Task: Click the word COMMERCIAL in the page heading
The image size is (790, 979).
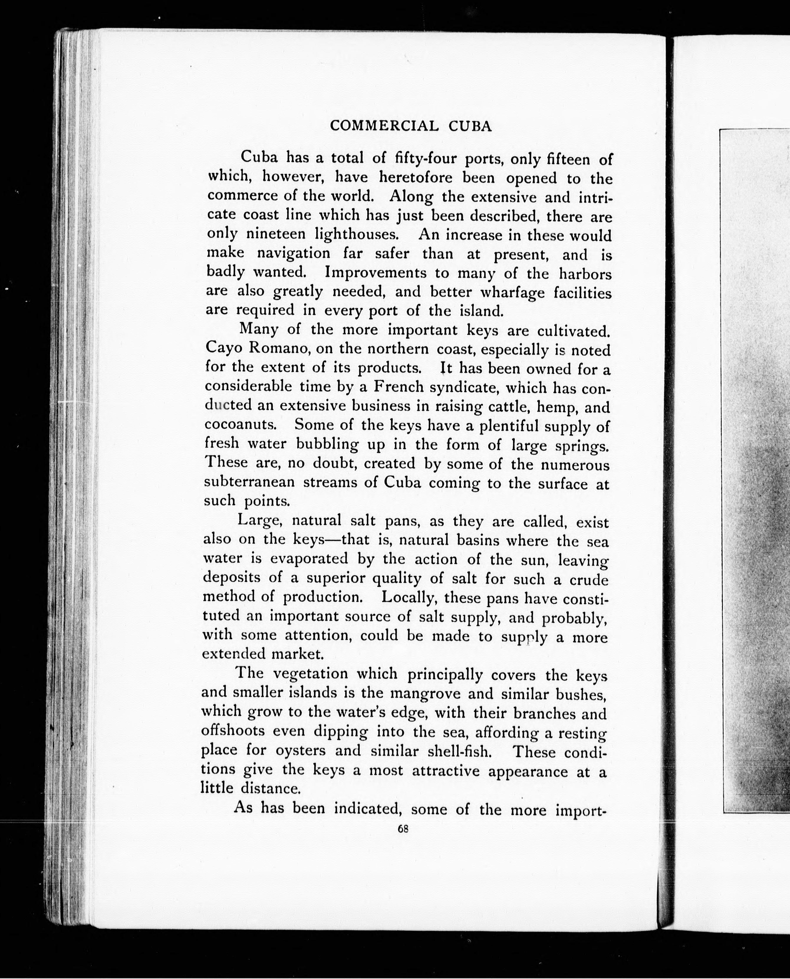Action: (384, 126)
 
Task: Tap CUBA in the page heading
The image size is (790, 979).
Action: (470, 127)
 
